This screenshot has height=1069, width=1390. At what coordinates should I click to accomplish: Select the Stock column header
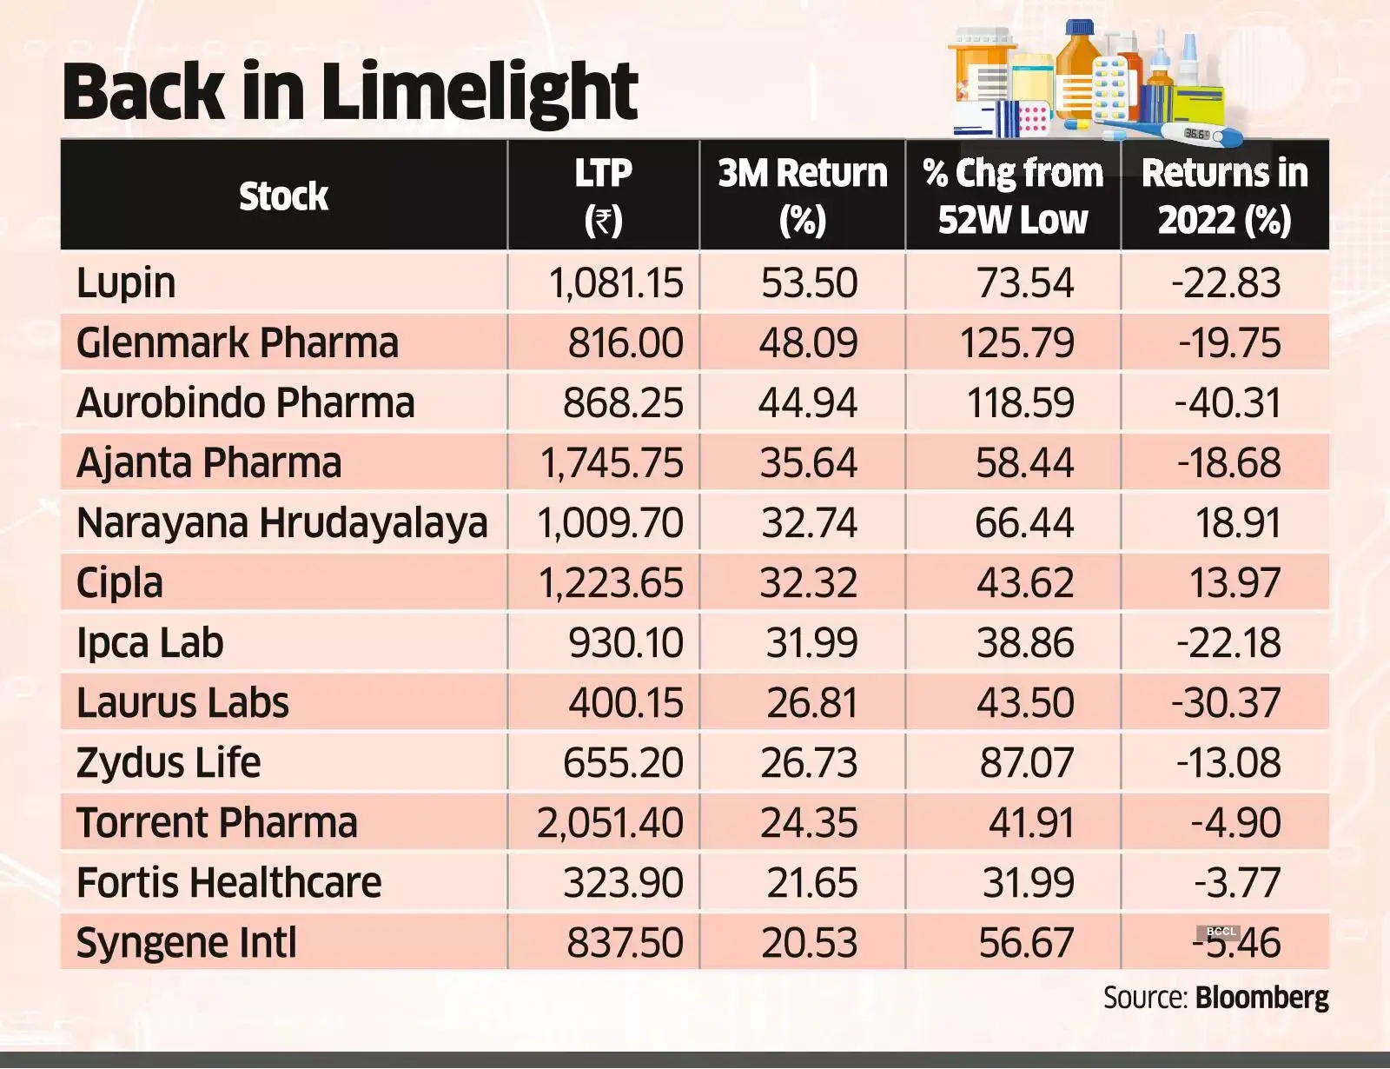click(x=283, y=196)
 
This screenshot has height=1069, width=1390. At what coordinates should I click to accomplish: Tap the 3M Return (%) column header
click(x=802, y=196)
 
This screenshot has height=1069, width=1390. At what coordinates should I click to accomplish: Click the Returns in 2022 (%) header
click(x=1224, y=196)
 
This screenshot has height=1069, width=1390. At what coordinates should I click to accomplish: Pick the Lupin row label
click(x=126, y=283)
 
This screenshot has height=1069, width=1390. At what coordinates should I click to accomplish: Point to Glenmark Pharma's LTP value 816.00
click(x=625, y=343)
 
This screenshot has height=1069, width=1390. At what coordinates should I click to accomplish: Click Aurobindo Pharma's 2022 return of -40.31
click(x=1228, y=403)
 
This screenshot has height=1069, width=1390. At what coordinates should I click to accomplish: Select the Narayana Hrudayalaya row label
click(x=281, y=523)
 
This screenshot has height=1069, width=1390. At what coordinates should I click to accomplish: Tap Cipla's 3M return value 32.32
click(x=808, y=583)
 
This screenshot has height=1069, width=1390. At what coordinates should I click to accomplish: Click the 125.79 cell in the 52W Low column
click(x=1016, y=343)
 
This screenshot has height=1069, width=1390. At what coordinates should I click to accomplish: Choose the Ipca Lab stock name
click(x=149, y=643)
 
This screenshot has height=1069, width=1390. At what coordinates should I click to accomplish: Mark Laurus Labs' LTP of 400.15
click(x=625, y=703)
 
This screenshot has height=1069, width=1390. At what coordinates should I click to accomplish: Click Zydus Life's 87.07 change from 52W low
click(x=1026, y=763)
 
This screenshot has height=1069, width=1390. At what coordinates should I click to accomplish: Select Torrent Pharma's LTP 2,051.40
click(x=610, y=823)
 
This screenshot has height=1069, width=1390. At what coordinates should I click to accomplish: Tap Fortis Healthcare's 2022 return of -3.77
click(x=1236, y=883)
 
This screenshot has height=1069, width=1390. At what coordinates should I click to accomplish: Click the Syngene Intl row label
click(x=186, y=943)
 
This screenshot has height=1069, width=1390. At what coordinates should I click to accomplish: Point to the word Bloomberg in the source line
click(x=1261, y=998)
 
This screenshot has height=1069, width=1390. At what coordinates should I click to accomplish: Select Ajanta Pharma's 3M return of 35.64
click(x=808, y=463)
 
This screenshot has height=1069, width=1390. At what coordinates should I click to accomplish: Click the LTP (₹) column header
click(x=603, y=196)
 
